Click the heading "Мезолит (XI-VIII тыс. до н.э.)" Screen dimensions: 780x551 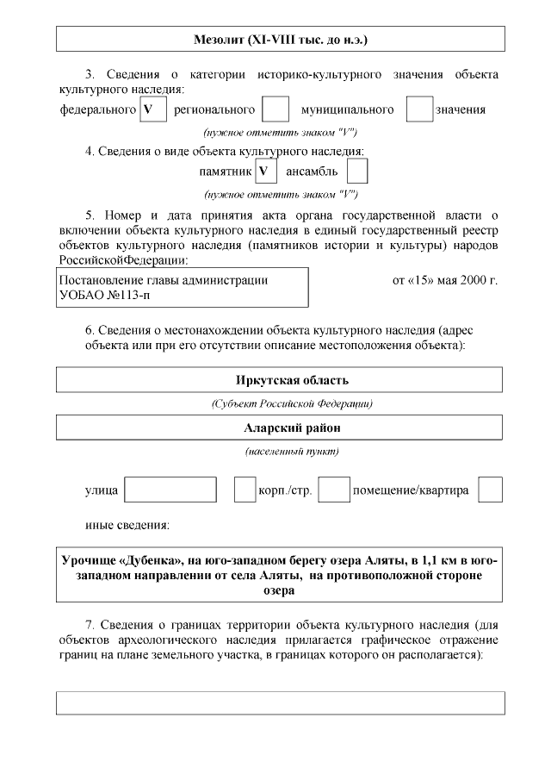pos(281,40)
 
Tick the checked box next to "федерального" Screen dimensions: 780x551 pos(152,109)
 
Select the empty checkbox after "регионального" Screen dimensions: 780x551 pos(275,109)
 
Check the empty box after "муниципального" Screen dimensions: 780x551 pos(418,109)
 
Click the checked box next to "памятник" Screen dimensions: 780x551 pos(266,172)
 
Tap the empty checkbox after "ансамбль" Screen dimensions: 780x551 pos(357,172)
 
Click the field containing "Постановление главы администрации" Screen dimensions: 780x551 pos(182,287)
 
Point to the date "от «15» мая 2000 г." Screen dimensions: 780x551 pos(445,280)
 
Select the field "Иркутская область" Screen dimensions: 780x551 pos(281,380)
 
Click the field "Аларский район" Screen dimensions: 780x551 pos(281,427)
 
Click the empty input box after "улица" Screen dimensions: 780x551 pos(170,490)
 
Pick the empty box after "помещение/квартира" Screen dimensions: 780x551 pos(490,490)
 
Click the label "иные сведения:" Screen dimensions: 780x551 pos(127,525)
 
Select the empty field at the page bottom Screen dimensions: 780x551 pos(281,702)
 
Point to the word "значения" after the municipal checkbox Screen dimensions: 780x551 pos(460,109)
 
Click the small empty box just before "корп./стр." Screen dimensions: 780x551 pos(245,490)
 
